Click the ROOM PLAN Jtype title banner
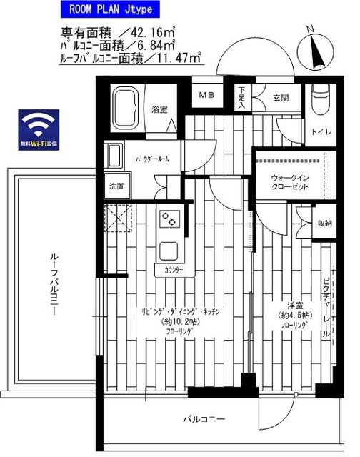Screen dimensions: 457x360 pos(108,10)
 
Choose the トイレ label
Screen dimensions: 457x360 pos(319,132)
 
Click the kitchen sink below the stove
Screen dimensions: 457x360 pos(169,251)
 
